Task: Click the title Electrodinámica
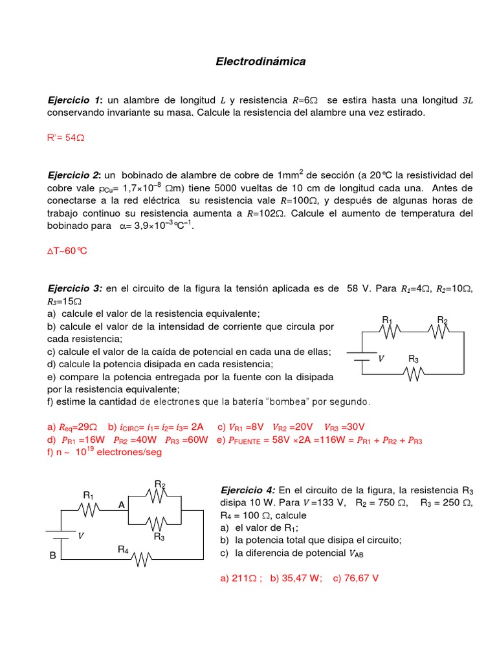[x=260, y=62]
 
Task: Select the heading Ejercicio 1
[x=74, y=100]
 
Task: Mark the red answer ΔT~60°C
[x=71, y=250]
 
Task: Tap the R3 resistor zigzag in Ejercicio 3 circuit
[x=414, y=374]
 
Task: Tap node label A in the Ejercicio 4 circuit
[x=121, y=505]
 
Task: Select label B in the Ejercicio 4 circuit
[x=53, y=555]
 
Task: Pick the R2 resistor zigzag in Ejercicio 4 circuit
[x=159, y=496]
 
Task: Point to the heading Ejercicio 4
[x=248, y=490]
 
